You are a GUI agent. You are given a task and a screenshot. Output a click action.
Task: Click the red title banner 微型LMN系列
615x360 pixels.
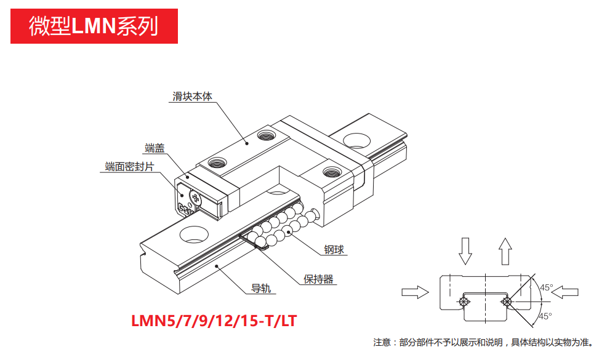[x=94, y=26]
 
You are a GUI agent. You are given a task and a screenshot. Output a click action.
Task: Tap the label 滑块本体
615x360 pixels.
[x=192, y=97]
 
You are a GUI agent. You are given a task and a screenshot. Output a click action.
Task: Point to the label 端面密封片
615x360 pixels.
[x=129, y=167]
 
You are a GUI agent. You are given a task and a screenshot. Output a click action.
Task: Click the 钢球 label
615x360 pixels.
[x=334, y=249]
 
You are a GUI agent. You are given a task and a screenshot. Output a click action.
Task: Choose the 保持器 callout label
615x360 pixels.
[x=318, y=279]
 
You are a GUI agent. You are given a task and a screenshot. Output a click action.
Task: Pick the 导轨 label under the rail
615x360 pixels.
[x=262, y=288]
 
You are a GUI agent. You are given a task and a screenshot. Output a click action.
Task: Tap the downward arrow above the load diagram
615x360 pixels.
[x=465, y=249]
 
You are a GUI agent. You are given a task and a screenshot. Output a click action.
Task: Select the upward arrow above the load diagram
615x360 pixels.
[x=505, y=249]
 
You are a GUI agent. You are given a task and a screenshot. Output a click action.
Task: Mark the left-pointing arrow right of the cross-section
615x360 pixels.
[x=569, y=292]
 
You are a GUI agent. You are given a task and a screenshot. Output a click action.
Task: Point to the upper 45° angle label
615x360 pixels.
[x=545, y=287]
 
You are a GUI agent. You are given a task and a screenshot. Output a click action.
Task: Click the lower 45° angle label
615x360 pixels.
[x=545, y=316]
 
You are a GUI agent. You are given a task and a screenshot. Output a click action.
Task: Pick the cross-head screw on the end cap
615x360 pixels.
[x=195, y=198]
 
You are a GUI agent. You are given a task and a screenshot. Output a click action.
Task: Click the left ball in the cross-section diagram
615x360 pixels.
[x=463, y=302]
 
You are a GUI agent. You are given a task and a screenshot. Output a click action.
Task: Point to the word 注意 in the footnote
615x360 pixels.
[x=382, y=342]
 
